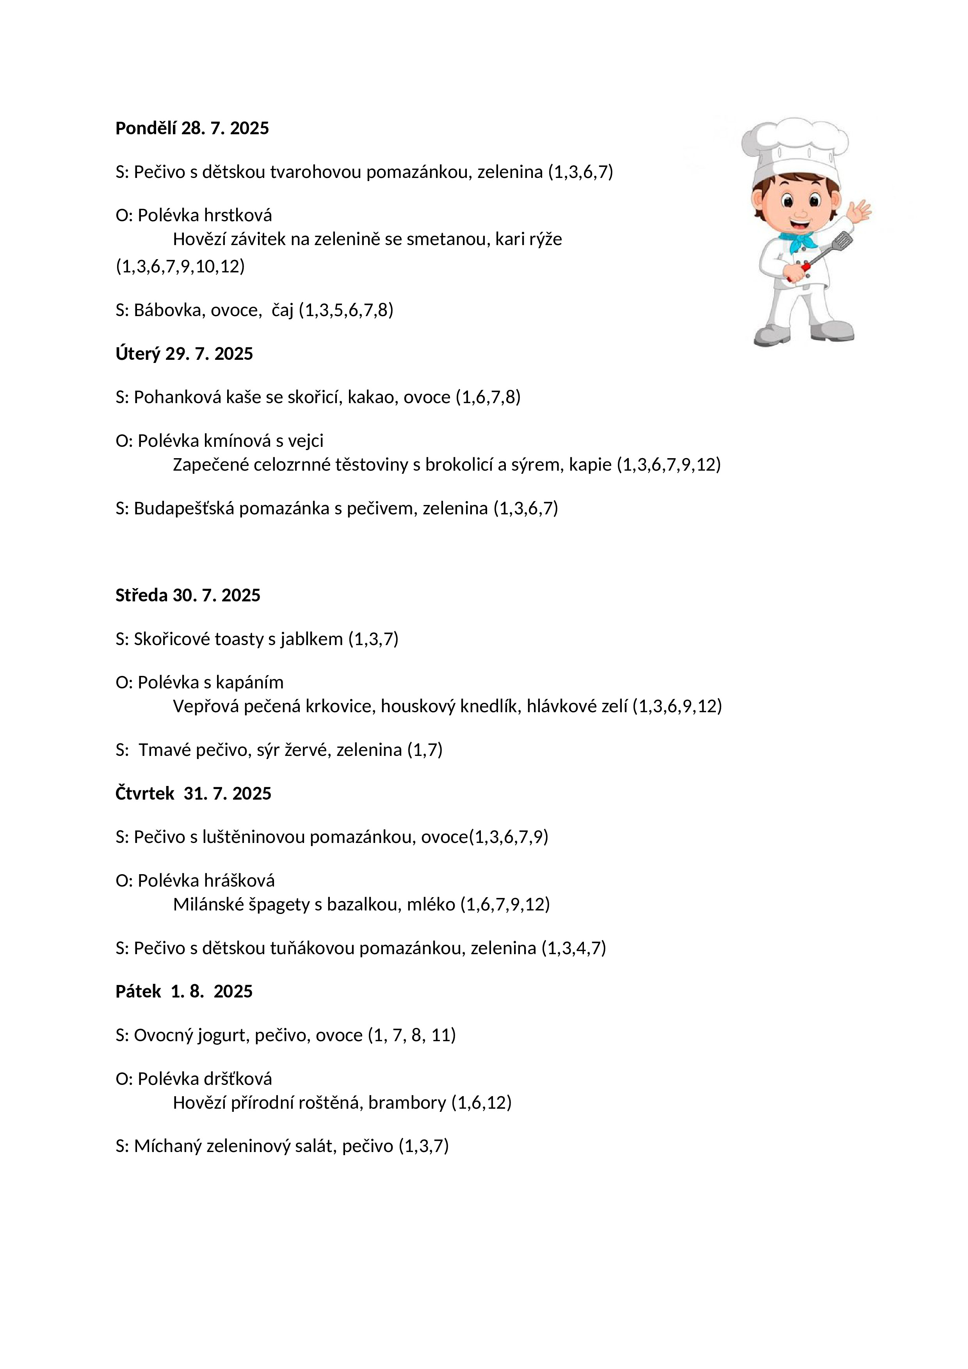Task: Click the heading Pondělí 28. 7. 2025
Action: (192, 128)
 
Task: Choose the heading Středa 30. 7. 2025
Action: (188, 595)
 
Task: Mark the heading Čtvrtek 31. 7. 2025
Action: (193, 794)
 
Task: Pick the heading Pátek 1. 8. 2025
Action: (184, 992)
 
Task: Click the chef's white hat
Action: (795, 149)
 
